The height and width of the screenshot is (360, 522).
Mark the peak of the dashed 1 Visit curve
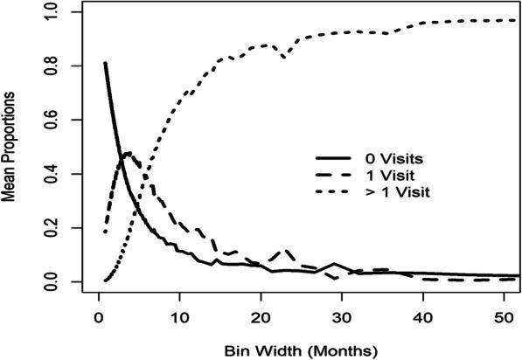click(x=129, y=153)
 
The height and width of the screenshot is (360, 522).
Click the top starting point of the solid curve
click(x=105, y=63)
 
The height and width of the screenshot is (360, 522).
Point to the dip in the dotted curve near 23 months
click(x=283, y=57)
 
